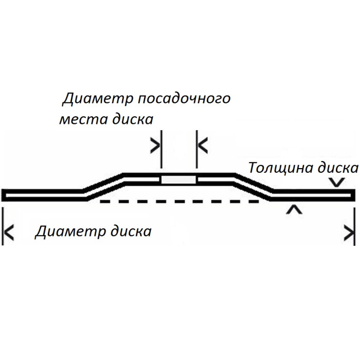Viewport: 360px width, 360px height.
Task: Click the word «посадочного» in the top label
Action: (184, 99)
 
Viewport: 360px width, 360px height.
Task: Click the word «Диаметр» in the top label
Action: (98, 99)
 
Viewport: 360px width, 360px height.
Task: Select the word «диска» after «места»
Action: (133, 119)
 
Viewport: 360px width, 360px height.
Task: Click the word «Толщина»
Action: (281, 168)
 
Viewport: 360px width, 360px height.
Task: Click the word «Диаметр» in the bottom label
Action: (70, 231)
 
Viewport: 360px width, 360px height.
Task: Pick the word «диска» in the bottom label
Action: (131, 231)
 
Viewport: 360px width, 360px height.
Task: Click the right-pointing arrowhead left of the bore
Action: (155, 146)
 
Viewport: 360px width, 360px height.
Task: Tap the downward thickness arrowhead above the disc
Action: (336, 182)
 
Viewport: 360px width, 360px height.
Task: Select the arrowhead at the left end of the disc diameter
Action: (9, 232)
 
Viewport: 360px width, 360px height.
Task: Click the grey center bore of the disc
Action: (178, 180)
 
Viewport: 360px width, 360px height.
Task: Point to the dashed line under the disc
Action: (180, 202)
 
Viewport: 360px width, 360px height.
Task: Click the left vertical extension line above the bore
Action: (161, 149)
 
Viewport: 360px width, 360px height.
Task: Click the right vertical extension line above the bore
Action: (197, 149)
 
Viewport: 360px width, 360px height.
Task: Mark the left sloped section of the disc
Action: (104, 187)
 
